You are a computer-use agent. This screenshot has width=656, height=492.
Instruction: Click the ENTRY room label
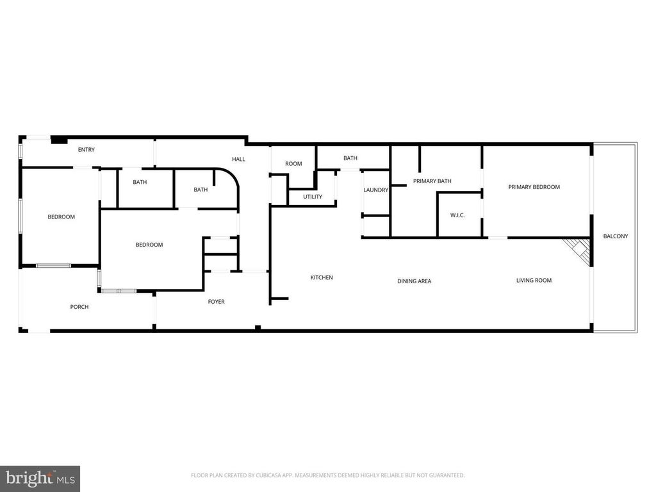pyautogui.click(x=86, y=150)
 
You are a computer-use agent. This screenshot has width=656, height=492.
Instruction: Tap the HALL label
pyautogui.click(x=238, y=159)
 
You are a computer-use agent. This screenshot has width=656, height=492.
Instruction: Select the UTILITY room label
pyautogui.click(x=313, y=197)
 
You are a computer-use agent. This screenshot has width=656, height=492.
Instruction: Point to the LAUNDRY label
pyautogui.click(x=375, y=190)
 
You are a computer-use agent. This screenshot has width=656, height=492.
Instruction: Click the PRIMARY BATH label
pyautogui.click(x=432, y=181)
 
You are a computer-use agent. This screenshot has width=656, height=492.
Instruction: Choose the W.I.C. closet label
pyautogui.click(x=457, y=215)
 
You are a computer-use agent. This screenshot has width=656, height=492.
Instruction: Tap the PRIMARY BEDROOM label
pyautogui.click(x=534, y=187)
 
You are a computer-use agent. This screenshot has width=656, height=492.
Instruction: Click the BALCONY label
pyautogui.click(x=616, y=236)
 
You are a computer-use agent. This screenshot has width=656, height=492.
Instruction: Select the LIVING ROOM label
pyautogui.click(x=534, y=281)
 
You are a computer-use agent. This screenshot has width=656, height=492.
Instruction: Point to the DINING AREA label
pyautogui.click(x=414, y=281)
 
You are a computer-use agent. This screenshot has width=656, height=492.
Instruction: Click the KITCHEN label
pyautogui.click(x=322, y=277)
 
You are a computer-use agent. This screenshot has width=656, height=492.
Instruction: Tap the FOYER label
pyautogui.click(x=217, y=302)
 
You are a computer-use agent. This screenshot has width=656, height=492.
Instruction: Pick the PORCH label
pyautogui.click(x=79, y=307)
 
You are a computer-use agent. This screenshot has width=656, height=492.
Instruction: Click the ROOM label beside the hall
pyautogui.click(x=293, y=164)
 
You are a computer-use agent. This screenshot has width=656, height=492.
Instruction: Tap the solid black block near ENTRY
pyautogui.click(x=59, y=140)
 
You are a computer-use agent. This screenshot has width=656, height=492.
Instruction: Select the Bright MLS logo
pyautogui.click(x=40, y=479)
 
